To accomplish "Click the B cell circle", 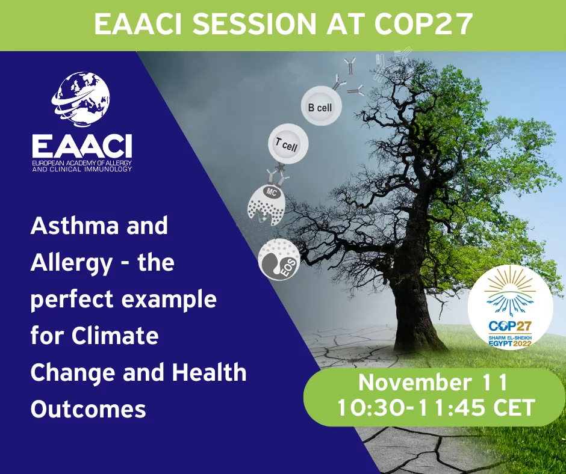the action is (x=322, y=106).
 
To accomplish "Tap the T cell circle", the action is (x=288, y=144).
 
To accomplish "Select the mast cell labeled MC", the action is (x=267, y=205).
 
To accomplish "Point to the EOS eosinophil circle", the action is (x=279, y=259).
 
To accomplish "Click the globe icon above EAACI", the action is (x=81, y=99).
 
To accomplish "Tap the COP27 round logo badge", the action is (x=510, y=307).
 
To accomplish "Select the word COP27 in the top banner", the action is (x=423, y=23).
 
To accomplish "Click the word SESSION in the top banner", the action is (x=256, y=24).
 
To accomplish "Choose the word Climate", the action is (x=115, y=336).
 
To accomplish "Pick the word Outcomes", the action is (x=89, y=410).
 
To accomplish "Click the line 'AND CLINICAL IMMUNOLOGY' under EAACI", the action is (x=82, y=169).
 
